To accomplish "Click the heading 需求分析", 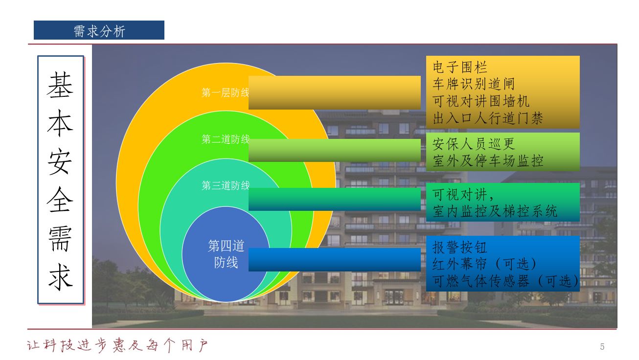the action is point(99,31).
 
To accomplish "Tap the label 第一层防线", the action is point(225,92).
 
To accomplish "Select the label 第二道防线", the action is point(226,139).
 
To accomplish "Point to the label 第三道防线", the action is point(226,185).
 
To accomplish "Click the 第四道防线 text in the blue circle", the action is point(226,254).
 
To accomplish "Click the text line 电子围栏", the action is point(459,67).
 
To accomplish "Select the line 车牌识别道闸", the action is point(474,84).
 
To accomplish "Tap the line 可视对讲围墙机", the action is point(480,101).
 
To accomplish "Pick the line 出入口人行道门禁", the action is point(487,118).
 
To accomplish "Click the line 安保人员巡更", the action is point(474,144).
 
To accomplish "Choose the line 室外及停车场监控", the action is point(487,160).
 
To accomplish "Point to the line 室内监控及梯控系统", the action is point(495,211).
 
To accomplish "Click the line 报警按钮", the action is point(459,247).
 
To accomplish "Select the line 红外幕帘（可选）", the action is point(485,264).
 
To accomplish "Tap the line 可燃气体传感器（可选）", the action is point(505,281).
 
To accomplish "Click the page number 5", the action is point(602,347).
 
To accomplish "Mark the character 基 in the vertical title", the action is point(60,85).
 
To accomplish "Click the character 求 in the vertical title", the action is point(60,277).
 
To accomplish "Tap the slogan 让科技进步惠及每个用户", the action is point(117,345).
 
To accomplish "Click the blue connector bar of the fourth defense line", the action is point(334,260).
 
